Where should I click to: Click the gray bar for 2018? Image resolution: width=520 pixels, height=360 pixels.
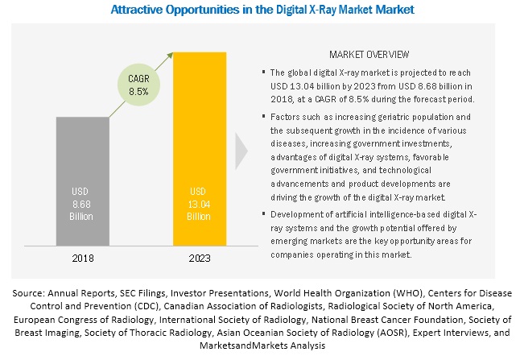click(83, 181)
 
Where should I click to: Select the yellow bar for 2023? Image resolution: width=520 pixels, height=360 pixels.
click(200, 149)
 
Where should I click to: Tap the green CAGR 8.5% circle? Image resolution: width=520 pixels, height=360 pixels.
click(138, 85)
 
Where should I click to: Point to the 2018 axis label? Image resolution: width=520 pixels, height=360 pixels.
click(83, 259)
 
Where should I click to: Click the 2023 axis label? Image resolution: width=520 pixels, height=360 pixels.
click(200, 259)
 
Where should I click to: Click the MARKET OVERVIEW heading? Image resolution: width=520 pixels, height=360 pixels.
click(369, 55)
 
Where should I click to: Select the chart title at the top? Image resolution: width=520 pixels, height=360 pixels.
click(262, 10)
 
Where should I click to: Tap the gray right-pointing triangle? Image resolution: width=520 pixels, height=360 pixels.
click(241, 151)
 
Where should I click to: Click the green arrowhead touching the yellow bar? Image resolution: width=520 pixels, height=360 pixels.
click(170, 56)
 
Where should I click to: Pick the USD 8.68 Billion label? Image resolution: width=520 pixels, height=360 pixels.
click(81, 204)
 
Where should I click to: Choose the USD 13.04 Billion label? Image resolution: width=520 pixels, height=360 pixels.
click(199, 204)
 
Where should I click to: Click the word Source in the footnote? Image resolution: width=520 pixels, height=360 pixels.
click(28, 293)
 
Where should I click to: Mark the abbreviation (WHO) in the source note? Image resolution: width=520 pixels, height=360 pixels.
click(408, 293)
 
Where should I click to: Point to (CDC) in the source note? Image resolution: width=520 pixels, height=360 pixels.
click(147, 306)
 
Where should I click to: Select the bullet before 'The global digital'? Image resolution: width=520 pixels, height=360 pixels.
click(264, 72)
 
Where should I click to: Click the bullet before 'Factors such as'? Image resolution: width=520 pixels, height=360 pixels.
click(264, 116)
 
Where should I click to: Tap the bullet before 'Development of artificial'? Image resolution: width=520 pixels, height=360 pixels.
click(264, 213)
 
